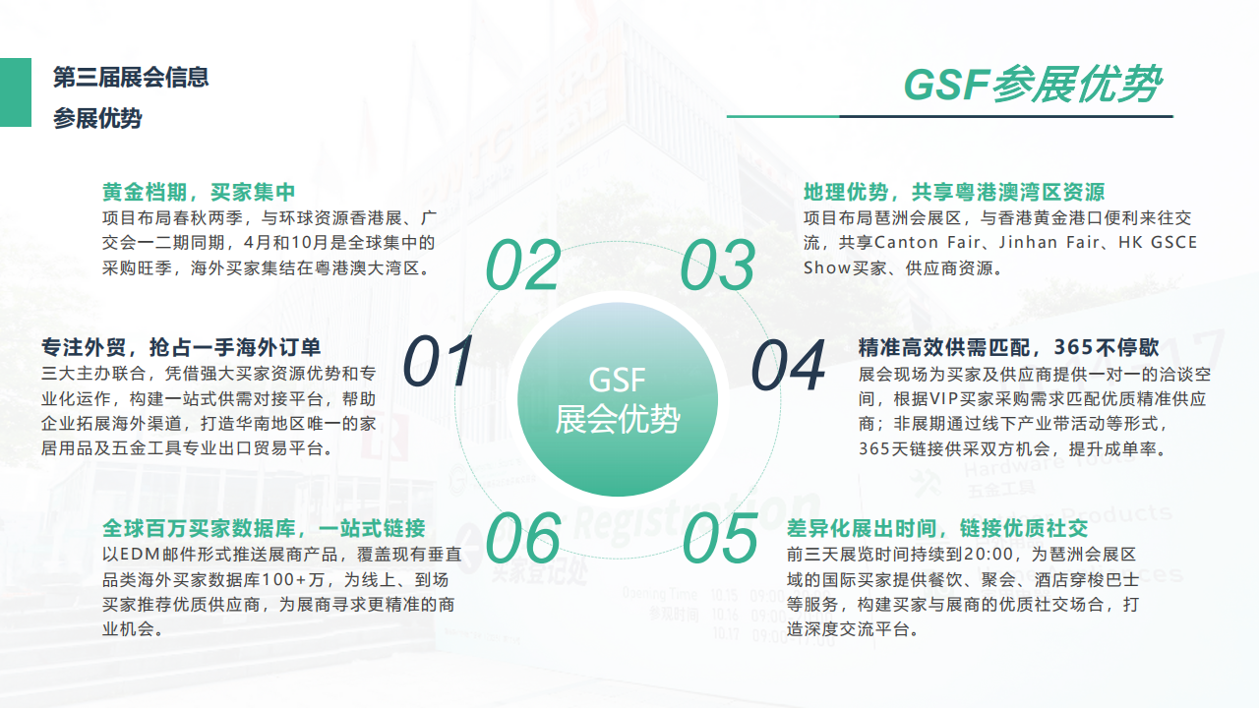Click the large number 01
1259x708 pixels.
439,361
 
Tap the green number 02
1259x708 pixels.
523,265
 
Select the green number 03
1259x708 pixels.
718,265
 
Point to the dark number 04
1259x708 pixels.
788,365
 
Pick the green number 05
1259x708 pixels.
720,538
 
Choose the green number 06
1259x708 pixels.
523,538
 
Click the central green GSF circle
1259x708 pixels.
617,399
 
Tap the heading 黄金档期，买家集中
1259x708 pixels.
199,192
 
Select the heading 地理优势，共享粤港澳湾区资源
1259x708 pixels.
954,192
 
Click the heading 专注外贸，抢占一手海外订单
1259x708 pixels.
181,347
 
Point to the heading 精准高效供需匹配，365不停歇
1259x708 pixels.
1008,347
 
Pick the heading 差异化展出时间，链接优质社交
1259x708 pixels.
937,528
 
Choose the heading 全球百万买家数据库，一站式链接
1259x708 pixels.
265,528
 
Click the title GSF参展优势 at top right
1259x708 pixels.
1033,85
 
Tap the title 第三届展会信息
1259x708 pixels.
131,77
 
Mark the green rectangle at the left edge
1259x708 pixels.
16,92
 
